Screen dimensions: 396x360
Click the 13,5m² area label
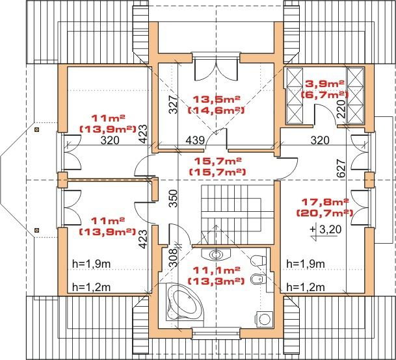click(x=216, y=99)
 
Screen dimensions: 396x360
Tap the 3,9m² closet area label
click(x=324, y=84)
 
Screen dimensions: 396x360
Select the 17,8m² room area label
click(x=325, y=201)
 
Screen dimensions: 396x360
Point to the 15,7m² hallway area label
click(x=218, y=161)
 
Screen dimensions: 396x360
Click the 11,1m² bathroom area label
click(x=216, y=270)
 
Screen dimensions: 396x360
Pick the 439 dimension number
click(x=195, y=140)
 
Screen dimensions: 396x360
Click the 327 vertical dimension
click(x=174, y=104)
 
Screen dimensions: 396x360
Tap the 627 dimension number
click(x=341, y=168)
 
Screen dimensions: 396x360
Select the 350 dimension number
click(x=174, y=198)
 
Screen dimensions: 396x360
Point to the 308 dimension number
click(x=174, y=257)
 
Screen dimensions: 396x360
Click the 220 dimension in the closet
click(x=341, y=109)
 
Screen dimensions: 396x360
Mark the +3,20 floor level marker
click(x=325, y=231)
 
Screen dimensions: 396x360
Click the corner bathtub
click(x=185, y=302)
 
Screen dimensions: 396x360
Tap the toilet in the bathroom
click(x=258, y=260)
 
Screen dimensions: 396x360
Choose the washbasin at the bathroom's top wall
click(x=216, y=254)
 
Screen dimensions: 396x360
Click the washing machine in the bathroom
click(x=264, y=319)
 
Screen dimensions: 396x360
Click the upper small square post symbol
click(x=37, y=130)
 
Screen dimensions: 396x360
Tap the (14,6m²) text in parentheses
click(x=216, y=110)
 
